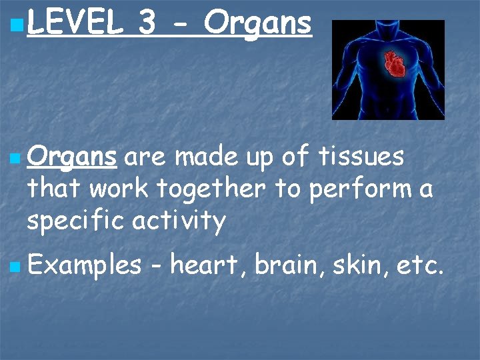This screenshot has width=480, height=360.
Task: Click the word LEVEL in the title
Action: click(75, 24)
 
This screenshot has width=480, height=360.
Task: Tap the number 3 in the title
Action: click(148, 24)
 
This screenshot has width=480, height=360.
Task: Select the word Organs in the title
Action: click(258, 24)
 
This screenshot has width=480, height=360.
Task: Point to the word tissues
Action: click(361, 157)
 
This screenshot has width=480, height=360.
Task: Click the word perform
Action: click(358, 189)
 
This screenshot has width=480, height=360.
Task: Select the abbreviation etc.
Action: click(416, 266)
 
